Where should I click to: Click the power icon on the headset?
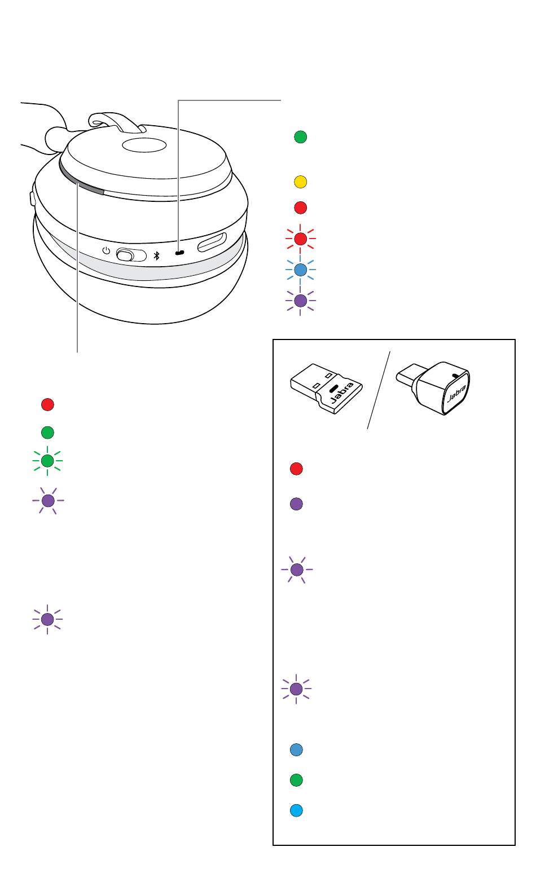pyautogui.click(x=106, y=250)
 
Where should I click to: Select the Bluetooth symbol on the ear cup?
pyautogui.click(x=156, y=256)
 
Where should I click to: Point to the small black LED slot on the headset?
pyautogui.click(x=179, y=253)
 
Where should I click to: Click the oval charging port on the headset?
pyautogui.click(x=212, y=242)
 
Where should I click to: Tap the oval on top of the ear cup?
pyautogui.click(x=144, y=145)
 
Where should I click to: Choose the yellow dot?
pyautogui.click(x=300, y=182)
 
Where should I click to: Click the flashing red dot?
pyautogui.click(x=300, y=239)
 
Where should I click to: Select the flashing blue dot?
pyautogui.click(x=300, y=270)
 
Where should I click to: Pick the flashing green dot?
pyautogui.click(x=47, y=461)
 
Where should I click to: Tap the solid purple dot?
pyautogui.click(x=296, y=504)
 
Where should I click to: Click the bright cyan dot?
pyautogui.click(x=296, y=810)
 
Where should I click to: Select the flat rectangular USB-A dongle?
pyautogui.click(x=326, y=388)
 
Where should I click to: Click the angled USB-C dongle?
pyautogui.click(x=433, y=387)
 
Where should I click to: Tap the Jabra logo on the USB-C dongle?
pyautogui.click(x=457, y=393)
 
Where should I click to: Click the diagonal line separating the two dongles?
pyautogui.click(x=379, y=390)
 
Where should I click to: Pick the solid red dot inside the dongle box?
pyautogui.click(x=296, y=469)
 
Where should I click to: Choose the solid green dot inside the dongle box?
pyautogui.click(x=296, y=780)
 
